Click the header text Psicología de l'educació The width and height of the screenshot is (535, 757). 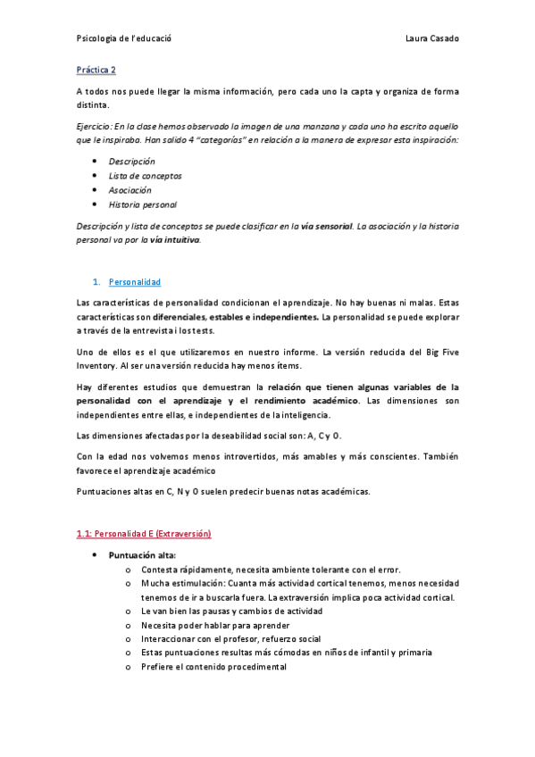[124, 38]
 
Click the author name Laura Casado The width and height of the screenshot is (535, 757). [431, 38]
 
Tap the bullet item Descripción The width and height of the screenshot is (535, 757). [131, 162]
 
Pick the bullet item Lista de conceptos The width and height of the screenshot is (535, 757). [145, 176]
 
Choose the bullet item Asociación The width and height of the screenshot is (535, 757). [130, 190]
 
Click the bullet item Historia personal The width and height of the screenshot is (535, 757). [142, 204]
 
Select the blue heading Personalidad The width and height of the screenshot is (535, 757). [134, 282]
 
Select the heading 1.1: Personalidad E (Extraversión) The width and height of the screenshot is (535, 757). [144, 534]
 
